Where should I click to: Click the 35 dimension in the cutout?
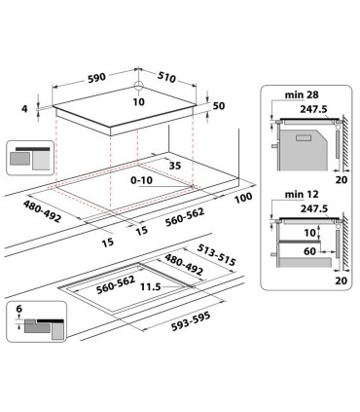[x=174, y=167]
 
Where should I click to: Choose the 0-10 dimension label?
[x=142, y=180]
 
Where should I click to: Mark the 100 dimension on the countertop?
[x=243, y=198]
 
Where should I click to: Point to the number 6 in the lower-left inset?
[x=18, y=311]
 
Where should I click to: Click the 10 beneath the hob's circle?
[x=138, y=101]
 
